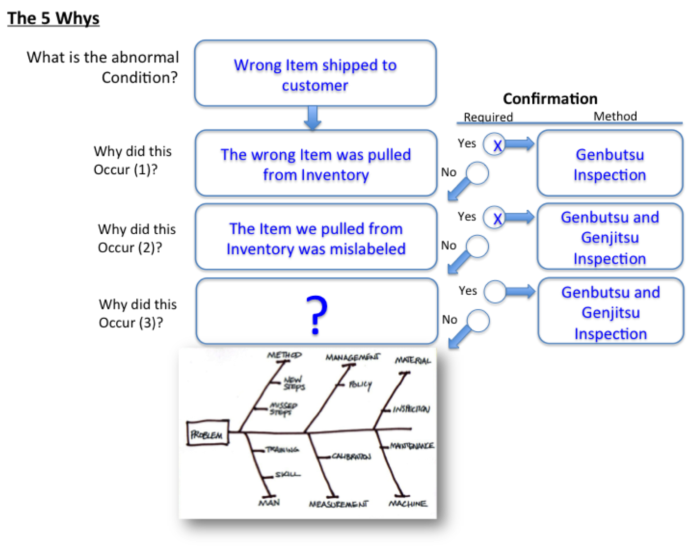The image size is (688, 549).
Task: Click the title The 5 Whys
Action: point(53,19)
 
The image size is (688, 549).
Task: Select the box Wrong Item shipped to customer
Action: point(315,74)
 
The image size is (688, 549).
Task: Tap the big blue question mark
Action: point(316,315)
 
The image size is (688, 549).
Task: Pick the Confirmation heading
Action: point(550,99)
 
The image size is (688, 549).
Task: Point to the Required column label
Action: point(488,117)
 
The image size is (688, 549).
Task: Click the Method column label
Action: point(615,116)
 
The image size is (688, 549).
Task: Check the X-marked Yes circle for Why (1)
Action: point(495,144)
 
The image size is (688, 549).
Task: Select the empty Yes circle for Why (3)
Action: point(495,292)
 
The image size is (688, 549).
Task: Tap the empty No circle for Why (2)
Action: point(477,246)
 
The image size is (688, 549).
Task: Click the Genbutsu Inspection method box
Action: point(609,164)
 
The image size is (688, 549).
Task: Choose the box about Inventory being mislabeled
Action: point(315,238)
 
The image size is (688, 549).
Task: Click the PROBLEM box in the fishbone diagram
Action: point(208,434)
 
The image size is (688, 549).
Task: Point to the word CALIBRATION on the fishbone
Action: point(351,457)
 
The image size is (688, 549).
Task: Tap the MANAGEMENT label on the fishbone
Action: point(352,358)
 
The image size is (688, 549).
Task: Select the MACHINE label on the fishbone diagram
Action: point(408,504)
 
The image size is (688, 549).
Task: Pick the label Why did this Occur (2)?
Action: point(136,238)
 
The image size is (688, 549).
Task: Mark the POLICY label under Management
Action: point(360,385)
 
